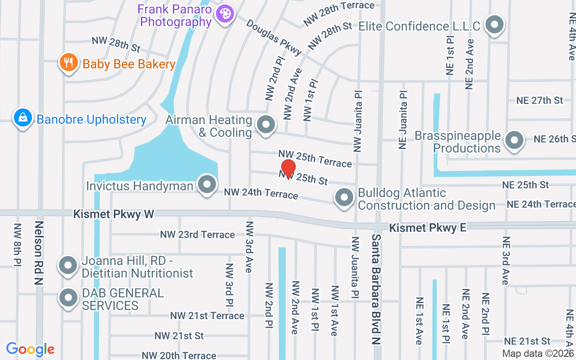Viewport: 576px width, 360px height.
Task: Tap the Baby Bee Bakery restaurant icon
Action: tap(68, 63)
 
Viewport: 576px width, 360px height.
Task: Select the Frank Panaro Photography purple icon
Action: tap(224, 14)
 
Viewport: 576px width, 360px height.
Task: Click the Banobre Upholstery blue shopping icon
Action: tap(22, 118)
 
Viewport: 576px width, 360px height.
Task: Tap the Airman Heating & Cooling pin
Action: tap(265, 125)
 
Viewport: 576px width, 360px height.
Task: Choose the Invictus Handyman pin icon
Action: tap(207, 184)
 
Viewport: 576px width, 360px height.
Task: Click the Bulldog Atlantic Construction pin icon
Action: tap(344, 198)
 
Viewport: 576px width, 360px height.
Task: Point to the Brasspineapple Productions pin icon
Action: tap(514, 140)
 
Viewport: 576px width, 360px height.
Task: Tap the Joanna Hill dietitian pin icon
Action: tap(68, 265)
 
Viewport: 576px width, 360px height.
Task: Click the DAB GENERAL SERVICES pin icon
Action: tap(68, 297)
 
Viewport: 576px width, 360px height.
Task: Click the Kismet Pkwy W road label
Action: tap(114, 214)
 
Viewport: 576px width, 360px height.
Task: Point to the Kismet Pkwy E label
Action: tap(427, 228)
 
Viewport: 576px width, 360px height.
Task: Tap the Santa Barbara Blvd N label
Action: tap(376, 289)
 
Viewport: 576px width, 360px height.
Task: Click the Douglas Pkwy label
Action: tap(274, 37)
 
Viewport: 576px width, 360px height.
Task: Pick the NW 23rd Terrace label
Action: tap(198, 235)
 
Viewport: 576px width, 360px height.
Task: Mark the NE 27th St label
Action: tap(540, 100)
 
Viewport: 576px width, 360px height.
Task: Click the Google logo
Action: tap(30, 349)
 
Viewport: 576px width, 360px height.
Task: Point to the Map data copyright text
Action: tap(538, 354)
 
